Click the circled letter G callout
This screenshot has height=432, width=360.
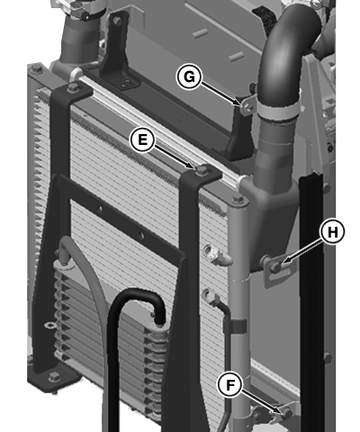189,76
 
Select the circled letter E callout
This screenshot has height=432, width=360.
142,139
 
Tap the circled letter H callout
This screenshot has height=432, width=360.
332,232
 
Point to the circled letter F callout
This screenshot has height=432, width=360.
229,385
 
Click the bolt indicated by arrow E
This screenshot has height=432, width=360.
200,170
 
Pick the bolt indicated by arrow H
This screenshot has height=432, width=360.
275,266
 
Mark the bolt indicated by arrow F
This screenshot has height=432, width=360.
287,413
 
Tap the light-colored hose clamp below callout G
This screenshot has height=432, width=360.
277,111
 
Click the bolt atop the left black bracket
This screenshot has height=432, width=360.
72,87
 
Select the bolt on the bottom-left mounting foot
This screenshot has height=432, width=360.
54,375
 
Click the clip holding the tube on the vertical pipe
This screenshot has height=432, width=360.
235,327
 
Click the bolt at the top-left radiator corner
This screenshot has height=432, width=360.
36,68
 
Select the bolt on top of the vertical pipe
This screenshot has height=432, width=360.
238,199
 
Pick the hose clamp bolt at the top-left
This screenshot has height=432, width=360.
86,16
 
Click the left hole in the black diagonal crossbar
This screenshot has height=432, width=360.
101,208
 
